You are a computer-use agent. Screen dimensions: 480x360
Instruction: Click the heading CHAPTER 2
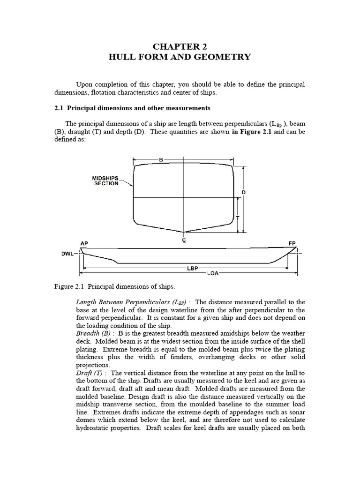tap(180, 46)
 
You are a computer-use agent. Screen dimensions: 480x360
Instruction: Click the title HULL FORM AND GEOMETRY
tap(180, 57)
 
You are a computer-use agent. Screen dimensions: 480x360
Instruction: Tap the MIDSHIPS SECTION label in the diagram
tap(105, 181)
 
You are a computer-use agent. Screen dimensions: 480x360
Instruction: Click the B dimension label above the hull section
tap(161, 160)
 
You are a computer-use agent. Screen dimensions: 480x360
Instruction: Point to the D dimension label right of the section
tap(244, 192)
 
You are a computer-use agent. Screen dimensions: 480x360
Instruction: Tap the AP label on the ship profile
tap(84, 244)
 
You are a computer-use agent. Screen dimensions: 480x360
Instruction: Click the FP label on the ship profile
tap(292, 244)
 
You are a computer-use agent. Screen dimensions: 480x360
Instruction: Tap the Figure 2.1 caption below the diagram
tap(114, 286)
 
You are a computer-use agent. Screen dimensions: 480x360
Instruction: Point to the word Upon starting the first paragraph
tap(85, 84)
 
